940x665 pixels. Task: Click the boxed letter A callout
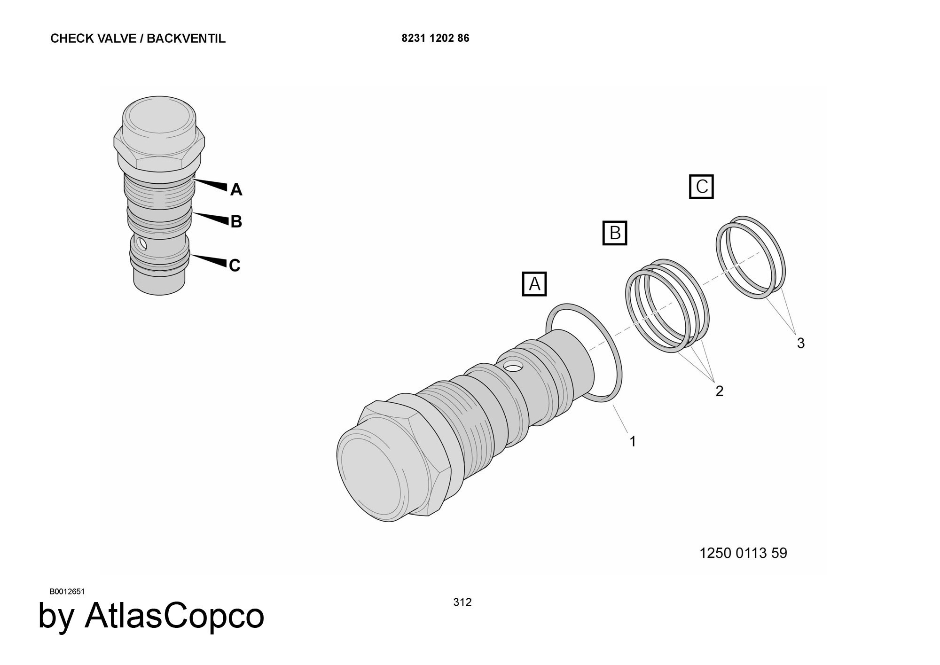tap(534, 284)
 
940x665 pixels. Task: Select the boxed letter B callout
tap(615, 233)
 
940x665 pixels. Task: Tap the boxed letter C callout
tap(701, 187)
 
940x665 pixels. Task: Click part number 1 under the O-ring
tap(633, 441)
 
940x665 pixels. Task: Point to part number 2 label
tap(719, 391)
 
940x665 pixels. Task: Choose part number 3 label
tap(801, 343)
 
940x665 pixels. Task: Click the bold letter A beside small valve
tap(236, 189)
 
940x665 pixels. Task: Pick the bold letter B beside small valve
tap(236, 221)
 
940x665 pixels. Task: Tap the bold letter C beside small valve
tap(235, 266)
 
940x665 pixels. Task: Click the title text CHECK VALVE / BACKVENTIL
tap(138, 39)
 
